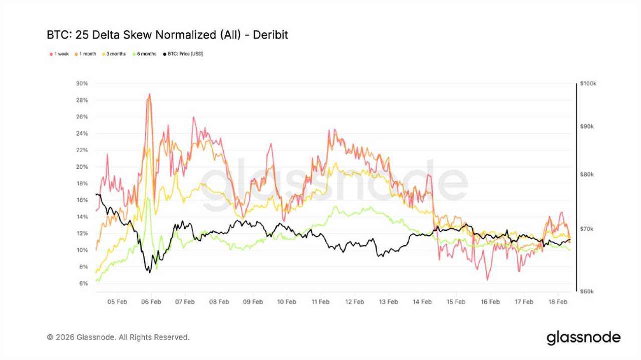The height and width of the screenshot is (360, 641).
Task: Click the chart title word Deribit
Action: pyautogui.click(x=270, y=35)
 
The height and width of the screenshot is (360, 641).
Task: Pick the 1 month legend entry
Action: pyautogui.click(x=87, y=54)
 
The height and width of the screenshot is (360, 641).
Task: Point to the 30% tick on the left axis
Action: pyautogui.click(x=82, y=84)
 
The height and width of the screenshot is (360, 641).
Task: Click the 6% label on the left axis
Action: pyautogui.click(x=83, y=283)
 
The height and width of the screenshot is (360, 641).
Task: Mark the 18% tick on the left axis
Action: pyautogui.click(x=82, y=183)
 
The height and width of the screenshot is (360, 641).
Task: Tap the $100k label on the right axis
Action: pyautogui.click(x=587, y=84)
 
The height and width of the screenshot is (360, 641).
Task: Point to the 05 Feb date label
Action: pyautogui.click(x=117, y=302)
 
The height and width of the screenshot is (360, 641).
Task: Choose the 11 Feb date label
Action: pyautogui.click(x=320, y=302)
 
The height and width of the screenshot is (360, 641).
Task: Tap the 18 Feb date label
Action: pyautogui.click(x=558, y=302)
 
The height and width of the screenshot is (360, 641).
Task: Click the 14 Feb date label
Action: pyautogui.click(x=422, y=302)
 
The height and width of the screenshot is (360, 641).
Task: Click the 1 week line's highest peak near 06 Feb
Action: pyautogui.click(x=149, y=94)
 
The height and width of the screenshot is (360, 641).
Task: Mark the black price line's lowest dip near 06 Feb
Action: pyautogui.click(x=149, y=272)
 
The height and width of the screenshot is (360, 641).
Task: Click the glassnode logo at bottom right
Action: pyautogui.click(x=583, y=337)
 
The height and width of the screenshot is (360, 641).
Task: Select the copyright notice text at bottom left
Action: pyautogui.click(x=118, y=337)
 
